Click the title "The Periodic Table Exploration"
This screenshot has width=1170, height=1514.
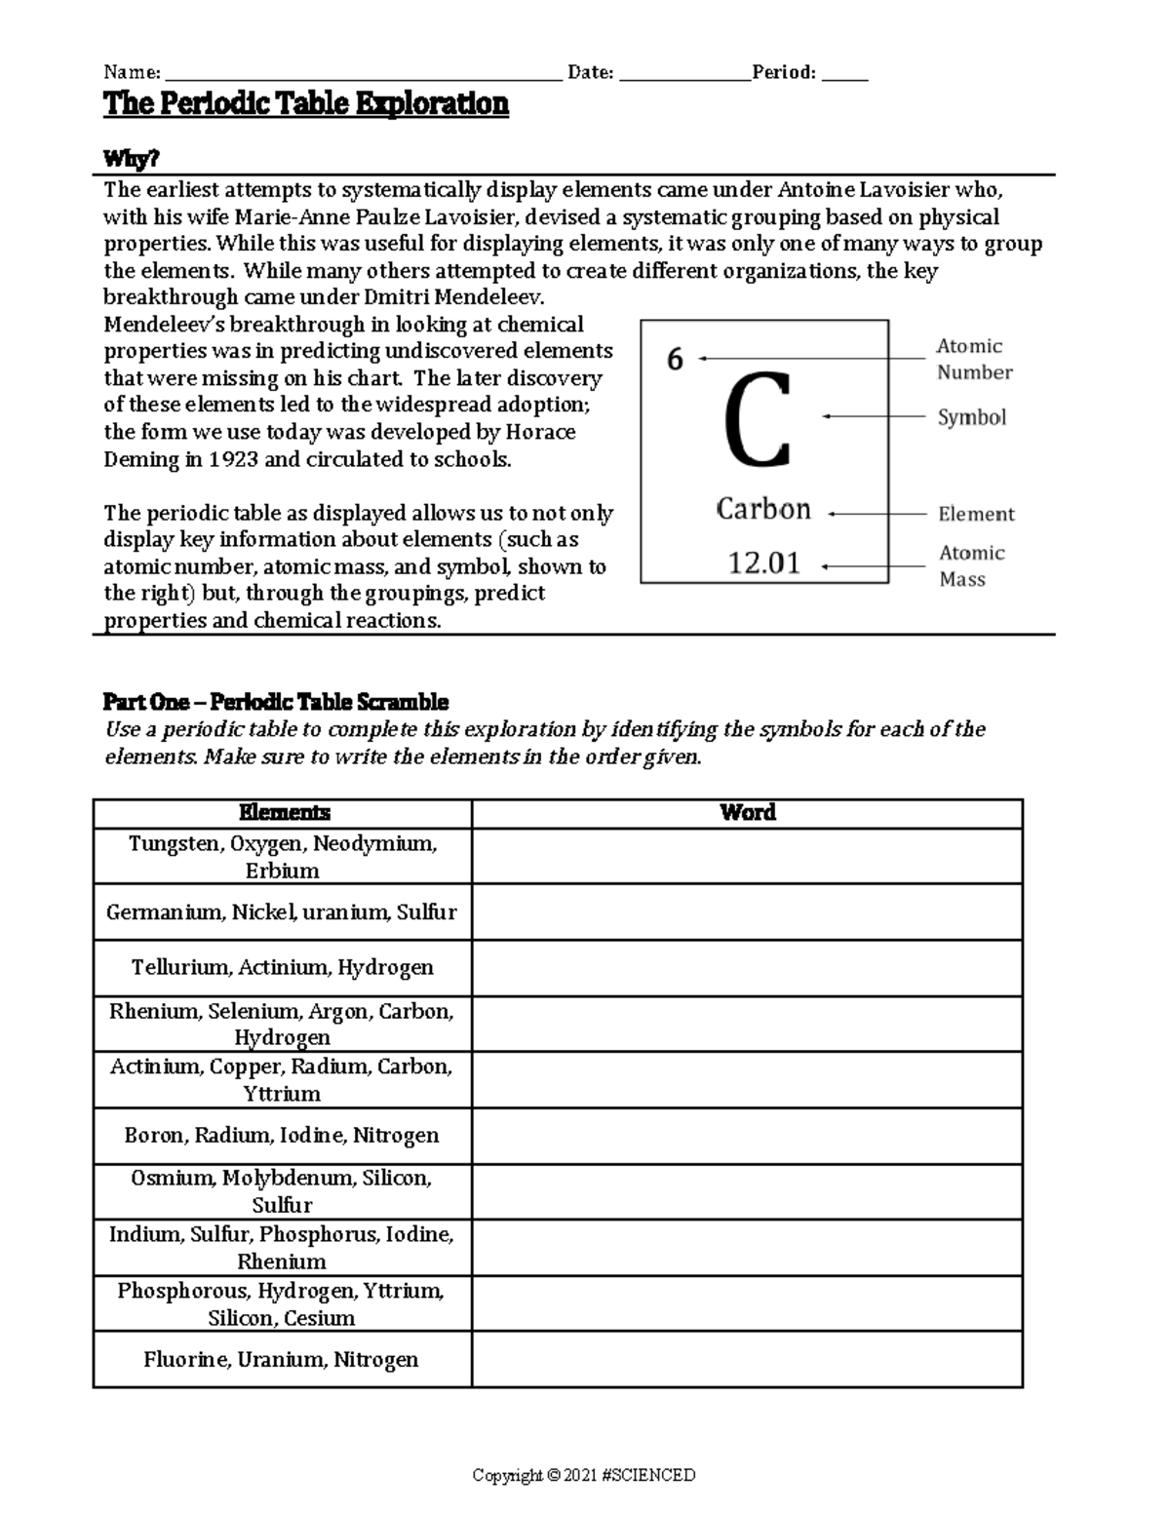(x=306, y=104)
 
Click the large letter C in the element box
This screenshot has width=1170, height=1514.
(x=758, y=421)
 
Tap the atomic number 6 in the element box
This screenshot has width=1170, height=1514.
(x=675, y=360)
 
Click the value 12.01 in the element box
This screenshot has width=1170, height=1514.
(x=764, y=563)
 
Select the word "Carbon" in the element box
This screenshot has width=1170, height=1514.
(x=763, y=509)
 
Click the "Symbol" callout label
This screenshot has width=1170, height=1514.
(x=971, y=417)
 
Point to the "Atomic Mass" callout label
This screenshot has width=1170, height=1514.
(x=970, y=565)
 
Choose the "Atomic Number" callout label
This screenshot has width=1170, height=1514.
(x=973, y=359)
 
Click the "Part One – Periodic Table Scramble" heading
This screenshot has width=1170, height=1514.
(x=276, y=702)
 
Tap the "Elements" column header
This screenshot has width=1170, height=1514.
(x=284, y=813)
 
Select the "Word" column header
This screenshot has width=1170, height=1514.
(x=747, y=813)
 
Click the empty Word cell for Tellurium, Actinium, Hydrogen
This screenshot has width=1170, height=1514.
(x=747, y=967)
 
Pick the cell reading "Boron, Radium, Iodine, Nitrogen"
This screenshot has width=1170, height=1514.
(x=282, y=1135)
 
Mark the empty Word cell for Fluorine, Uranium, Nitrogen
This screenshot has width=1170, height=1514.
(x=747, y=1359)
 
